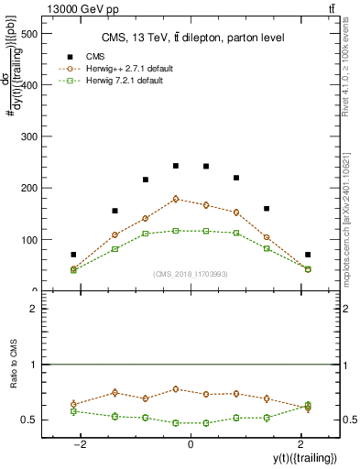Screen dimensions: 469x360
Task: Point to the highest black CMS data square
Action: (x=176, y=166)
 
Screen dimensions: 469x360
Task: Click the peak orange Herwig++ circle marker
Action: (x=176, y=199)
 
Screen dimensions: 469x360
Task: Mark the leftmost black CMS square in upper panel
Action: (x=73, y=255)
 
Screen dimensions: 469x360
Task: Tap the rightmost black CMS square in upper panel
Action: (x=308, y=255)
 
